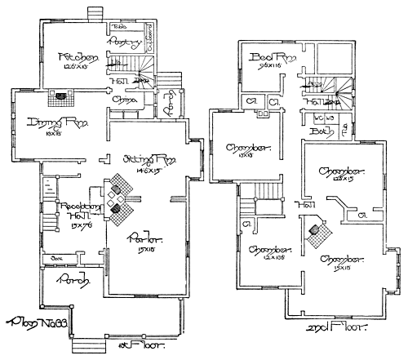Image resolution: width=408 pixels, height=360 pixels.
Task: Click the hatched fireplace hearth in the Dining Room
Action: click(60, 96)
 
